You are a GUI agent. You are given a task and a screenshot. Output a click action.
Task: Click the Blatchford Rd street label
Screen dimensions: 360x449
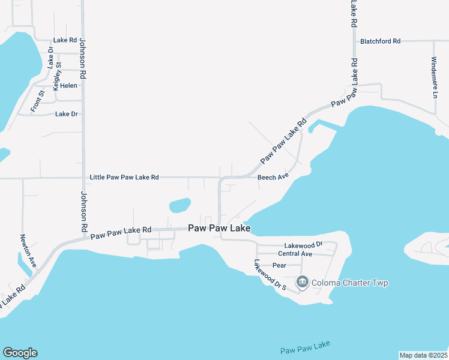coord(380,41)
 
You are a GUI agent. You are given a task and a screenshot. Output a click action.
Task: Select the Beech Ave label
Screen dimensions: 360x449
coord(273,178)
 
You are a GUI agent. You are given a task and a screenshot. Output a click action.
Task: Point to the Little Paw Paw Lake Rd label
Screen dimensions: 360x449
coord(124,178)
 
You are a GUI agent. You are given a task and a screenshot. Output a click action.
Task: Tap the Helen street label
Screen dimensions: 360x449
coord(68,86)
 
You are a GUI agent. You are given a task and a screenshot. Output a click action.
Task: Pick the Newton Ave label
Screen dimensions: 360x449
coord(29,251)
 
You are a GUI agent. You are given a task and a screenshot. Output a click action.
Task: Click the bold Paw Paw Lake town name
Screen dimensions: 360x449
coord(218,228)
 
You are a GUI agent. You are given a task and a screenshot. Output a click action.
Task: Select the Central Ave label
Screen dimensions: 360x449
coord(295,254)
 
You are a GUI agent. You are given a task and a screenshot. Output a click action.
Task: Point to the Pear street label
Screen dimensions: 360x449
coord(279,265)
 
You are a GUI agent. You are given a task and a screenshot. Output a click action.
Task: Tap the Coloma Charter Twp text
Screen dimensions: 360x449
coord(350,283)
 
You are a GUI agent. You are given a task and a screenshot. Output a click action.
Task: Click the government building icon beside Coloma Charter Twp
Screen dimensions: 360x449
coord(302,282)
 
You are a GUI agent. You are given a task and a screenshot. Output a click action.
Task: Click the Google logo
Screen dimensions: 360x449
coord(20,353)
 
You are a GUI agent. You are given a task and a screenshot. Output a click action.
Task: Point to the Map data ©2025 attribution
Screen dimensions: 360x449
coord(423,355)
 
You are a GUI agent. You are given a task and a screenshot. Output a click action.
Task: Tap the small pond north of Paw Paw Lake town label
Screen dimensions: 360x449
coord(180,206)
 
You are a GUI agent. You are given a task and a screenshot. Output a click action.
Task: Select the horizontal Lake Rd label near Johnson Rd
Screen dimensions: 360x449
coord(65,40)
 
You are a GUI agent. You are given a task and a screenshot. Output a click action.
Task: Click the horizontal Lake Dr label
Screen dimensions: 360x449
coord(67,113)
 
